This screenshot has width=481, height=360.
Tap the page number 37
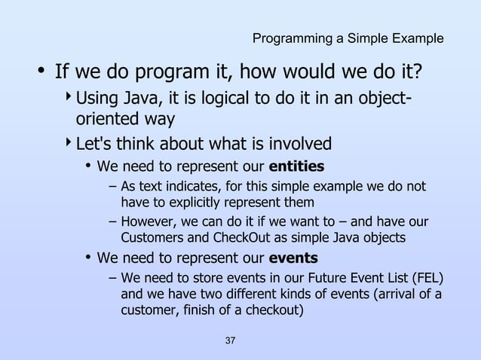[x=231, y=342]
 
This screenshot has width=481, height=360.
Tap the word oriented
[x=106, y=120]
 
